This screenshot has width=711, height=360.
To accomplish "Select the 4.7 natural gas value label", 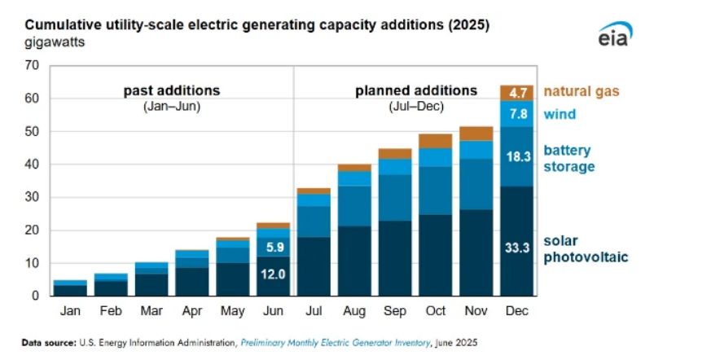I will (x=516, y=93).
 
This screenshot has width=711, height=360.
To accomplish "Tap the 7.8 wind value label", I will (x=516, y=114).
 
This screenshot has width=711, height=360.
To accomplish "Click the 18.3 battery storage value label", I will (x=516, y=156).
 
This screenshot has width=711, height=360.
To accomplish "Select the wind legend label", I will (x=560, y=114).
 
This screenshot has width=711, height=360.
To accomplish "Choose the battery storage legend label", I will (x=568, y=159).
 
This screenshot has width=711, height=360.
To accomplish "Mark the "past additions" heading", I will (x=172, y=90).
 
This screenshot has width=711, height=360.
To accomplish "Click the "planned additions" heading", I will (x=416, y=90).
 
